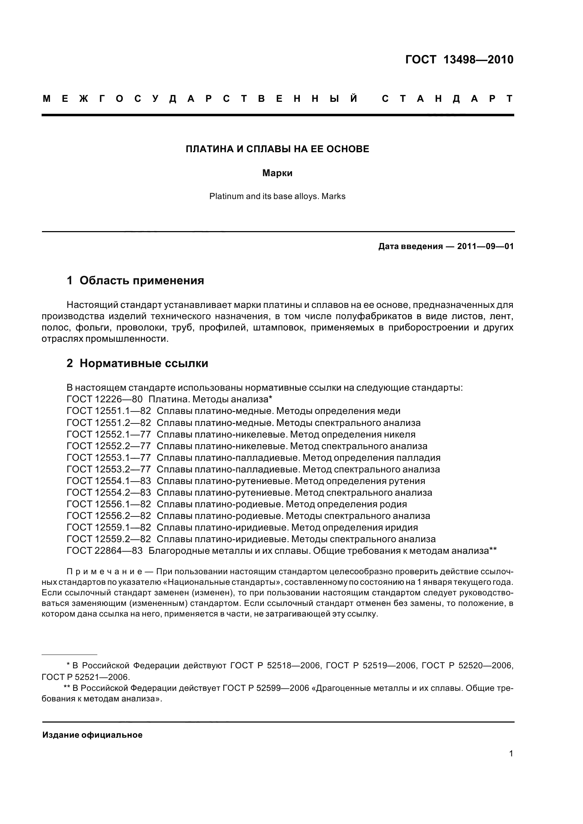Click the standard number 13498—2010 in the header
click(478, 60)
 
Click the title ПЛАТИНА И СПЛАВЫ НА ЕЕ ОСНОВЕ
click(277, 149)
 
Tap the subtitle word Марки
click(277, 173)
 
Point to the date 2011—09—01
click(485, 247)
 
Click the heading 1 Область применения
click(135, 280)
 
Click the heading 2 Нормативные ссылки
click(137, 363)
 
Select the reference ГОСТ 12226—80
click(104, 399)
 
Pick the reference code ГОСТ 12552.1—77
click(109, 434)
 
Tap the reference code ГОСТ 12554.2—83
click(109, 492)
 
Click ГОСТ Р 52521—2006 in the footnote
click(85, 677)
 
